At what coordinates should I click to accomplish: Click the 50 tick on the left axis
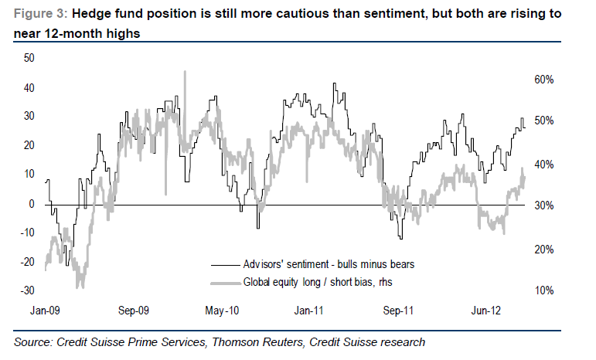click(x=30, y=58)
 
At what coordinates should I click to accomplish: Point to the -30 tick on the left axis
click(x=28, y=291)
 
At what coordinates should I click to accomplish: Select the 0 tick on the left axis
click(x=32, y=204)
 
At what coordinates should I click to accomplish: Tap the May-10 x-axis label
click(x=221, y=311)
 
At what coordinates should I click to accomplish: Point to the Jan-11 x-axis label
click(x=308, y=311)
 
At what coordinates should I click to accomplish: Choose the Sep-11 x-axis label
click(x=399, y=311)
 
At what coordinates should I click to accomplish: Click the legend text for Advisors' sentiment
click(x=329, y=264)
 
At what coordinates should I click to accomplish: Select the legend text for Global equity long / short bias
click(x=318, y=282)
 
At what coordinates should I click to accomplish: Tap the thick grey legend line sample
click(x=223, y=282)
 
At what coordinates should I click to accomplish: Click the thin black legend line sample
click(x=223, y=264)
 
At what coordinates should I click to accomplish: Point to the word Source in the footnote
click(x=32, y=341)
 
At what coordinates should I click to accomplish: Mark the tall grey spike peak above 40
click(x=184, y=72)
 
